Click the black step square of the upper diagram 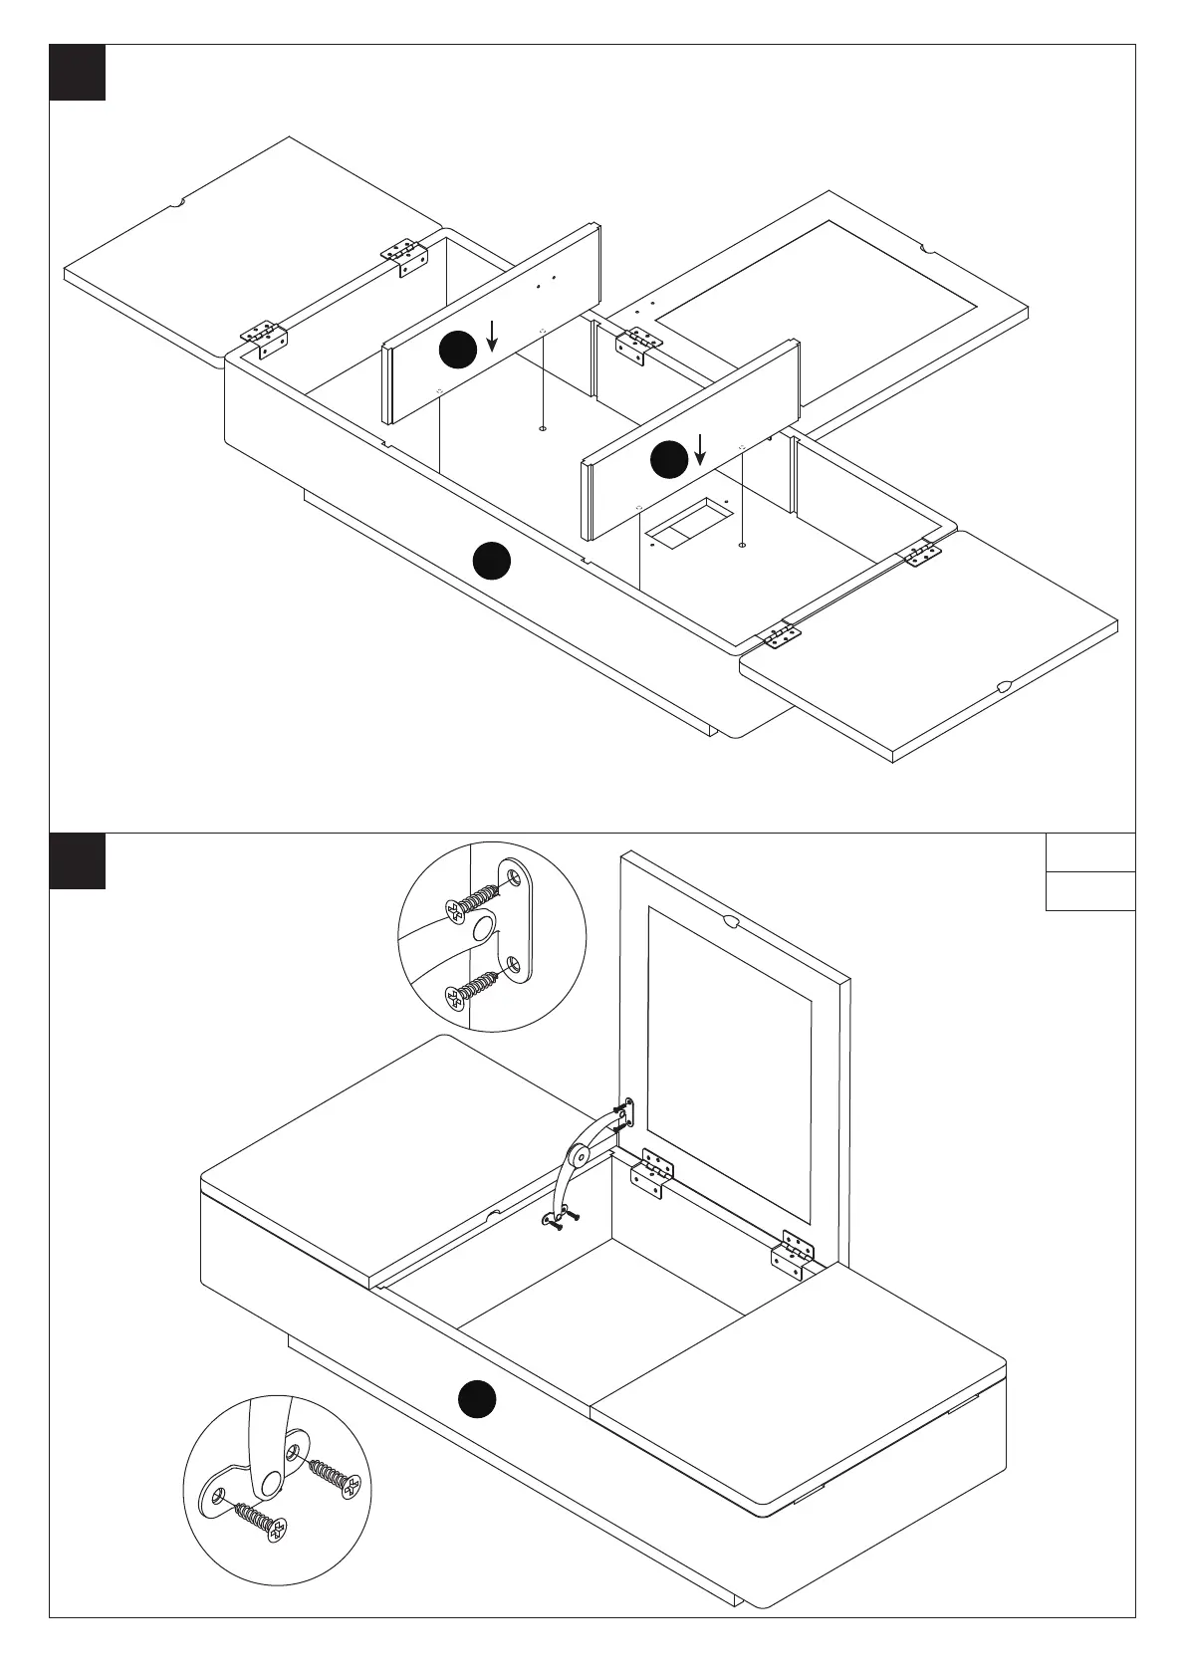click(78, 72)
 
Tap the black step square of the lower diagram click(78, 860)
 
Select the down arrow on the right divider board click(701, 449)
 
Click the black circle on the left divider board click(458, 350)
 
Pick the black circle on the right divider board click(669, 459)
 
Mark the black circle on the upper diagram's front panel click(492, 561)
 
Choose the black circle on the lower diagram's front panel click(477, 1397)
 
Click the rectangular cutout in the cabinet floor click(688, 521)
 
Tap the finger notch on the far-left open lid click(179, 203)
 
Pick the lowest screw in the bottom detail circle click(256, 1523)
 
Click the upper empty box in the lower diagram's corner click(1090, 852)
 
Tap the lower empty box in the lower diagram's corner click(1090, 891)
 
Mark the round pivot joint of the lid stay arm click(578, 1157)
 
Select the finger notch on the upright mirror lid click(730, 920)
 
